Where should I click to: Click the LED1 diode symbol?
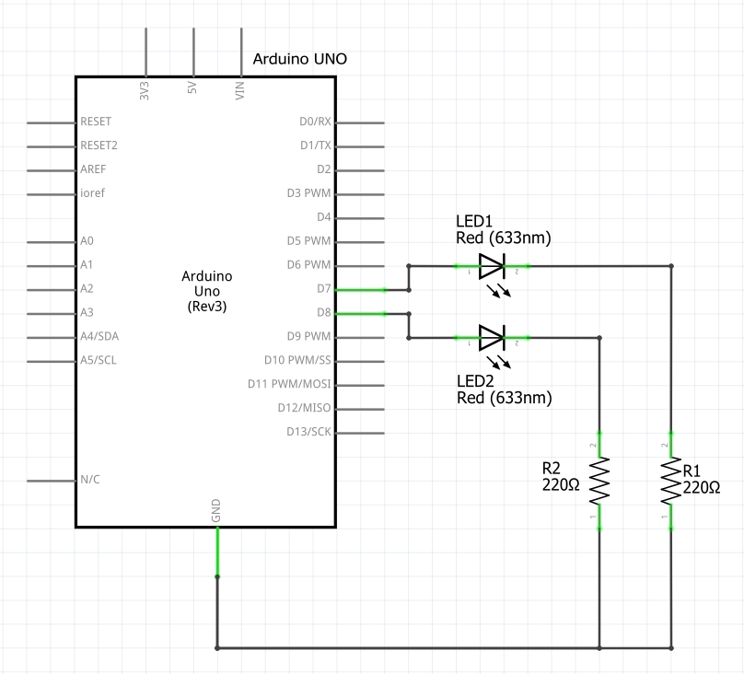coord(492,266)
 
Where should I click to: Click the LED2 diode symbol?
coord(492,338)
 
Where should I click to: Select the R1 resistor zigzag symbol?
coord(671,481)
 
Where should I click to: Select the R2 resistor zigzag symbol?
coord(599,481)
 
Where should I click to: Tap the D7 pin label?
coord(324,288)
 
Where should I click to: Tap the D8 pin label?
coord(324,312)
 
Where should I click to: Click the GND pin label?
coord(215,510)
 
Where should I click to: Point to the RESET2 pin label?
coord(99,145)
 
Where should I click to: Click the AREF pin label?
coord(93,169)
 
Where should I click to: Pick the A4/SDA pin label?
coord(99,336)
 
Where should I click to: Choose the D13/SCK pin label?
coord(308,432)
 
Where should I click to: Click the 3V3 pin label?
coord(145,90)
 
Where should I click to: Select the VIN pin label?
coord(239,90)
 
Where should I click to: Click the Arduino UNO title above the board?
coord(300,59)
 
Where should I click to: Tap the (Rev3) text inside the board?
coord(207,307)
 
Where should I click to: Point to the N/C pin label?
coord(90,480)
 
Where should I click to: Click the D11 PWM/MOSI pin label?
coord(289,384)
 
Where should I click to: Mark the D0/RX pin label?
coord(316,122)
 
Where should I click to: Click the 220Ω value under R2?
coord(561,484)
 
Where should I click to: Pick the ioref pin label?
coord(92,193)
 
